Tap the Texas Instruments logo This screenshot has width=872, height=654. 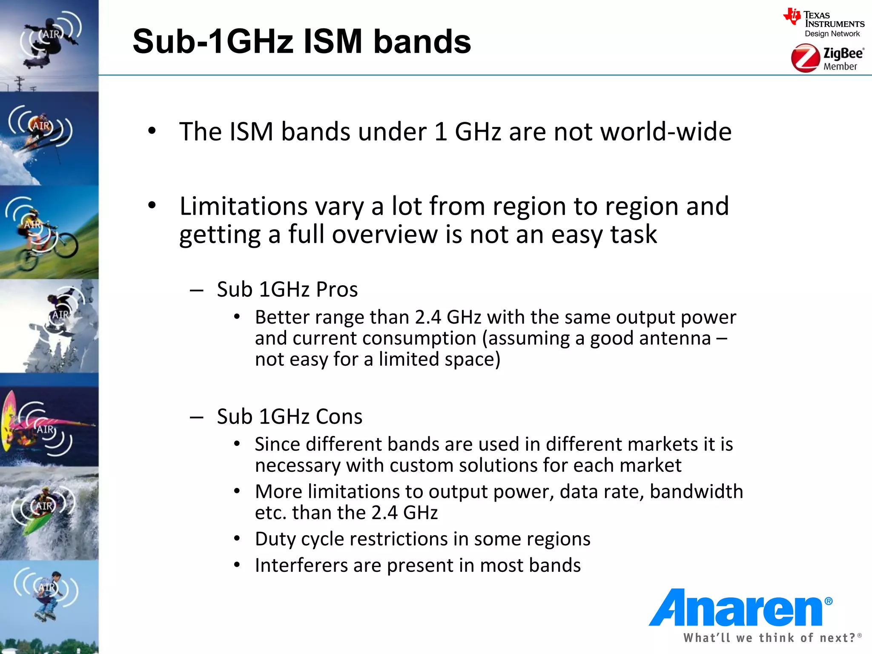(824, 23)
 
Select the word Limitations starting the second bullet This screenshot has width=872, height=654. (244, 207)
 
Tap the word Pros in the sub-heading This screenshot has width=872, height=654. (337, 290)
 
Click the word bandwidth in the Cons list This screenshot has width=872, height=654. (696, 492)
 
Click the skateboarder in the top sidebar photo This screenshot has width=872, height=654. (49, 40)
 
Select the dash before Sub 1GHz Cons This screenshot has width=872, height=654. (196, 417)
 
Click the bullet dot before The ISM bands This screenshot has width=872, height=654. (152, 131)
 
